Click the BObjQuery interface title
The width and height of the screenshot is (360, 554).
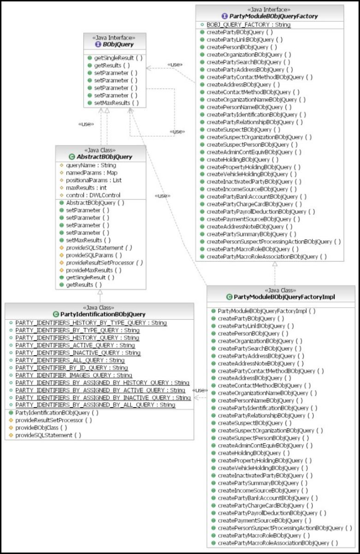click(118, 45)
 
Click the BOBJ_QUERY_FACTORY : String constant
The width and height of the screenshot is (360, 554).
click(248, 24)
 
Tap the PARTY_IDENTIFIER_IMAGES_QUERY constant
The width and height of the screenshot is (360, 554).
click(74, 375)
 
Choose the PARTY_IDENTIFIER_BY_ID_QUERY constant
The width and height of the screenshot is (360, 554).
click(71, 368)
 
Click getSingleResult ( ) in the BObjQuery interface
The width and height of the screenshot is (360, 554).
click(114, 58)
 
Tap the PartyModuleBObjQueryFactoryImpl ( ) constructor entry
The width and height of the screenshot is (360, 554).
click(266, 311)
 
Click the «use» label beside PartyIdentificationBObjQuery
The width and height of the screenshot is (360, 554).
click(199, 390)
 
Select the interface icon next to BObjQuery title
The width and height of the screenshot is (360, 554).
click(98, 45)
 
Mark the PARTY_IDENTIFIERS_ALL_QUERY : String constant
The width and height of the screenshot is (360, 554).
click(70, 360)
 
